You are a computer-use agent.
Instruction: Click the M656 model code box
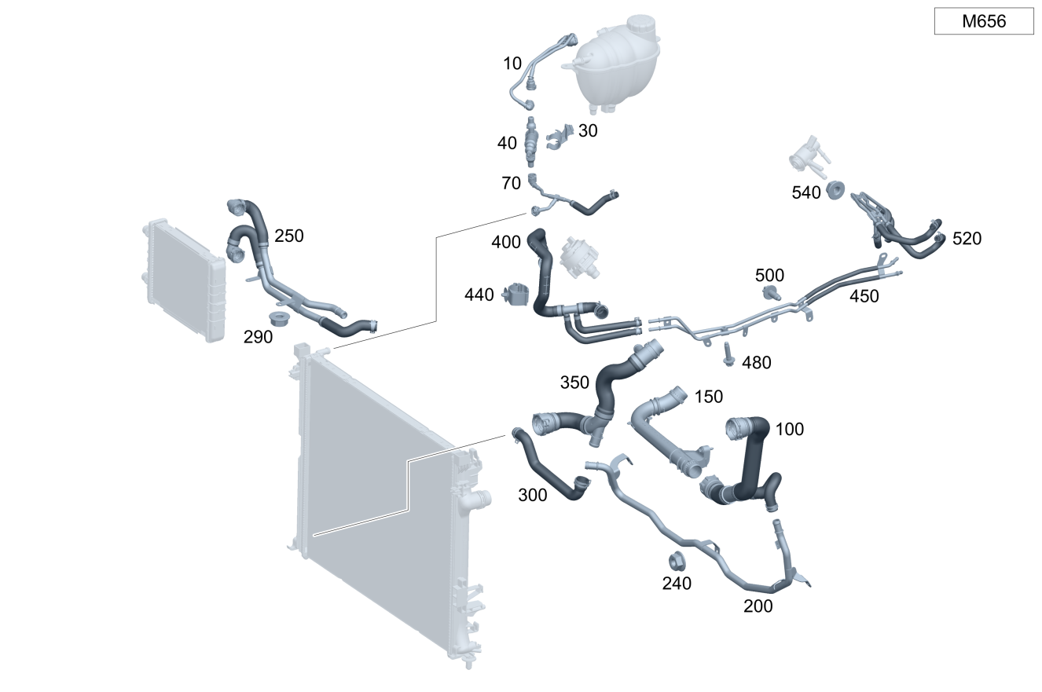(x=983, y=21)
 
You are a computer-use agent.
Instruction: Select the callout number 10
(x=512, y=64)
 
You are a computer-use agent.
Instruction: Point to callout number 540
(x=806, y=192)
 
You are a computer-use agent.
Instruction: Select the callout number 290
(x=258, y=337)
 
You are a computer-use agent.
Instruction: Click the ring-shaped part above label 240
(x=676, y=562)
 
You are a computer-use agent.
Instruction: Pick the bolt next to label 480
(x=728, y=353)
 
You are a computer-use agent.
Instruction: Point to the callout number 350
(x=574, y=383)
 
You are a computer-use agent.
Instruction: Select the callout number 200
(x=758, y=606)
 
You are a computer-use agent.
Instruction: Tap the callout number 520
(x=967, y=239)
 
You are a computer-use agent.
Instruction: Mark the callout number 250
(x=288, y=236)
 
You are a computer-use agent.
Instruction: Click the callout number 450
(x=864, y=296)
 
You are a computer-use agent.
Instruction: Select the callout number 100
(x=790, y=430)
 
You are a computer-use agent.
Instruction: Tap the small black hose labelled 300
(x=546, y=467)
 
